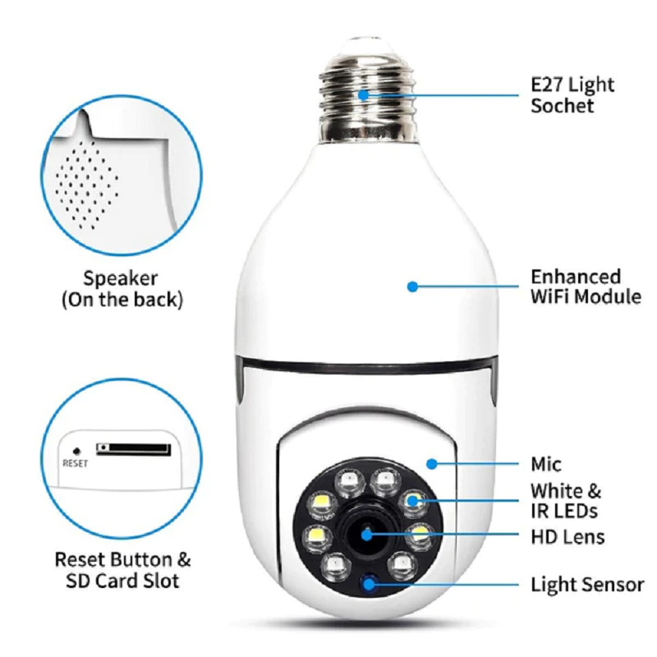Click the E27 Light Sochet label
[x=572, y=95]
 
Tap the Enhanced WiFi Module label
[x=586, y=287]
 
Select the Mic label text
[x=546, y=465]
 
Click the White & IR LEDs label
[x=566, y=502]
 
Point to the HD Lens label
[x=567, y=537]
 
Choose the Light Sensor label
[x=587, y=585]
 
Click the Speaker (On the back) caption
[x=122, y=289]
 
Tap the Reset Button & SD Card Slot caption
[x=122, y=571]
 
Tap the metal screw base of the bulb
[x=365, y=96]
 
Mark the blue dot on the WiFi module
[x=412, y=287]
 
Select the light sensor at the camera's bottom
[x=369, y=584]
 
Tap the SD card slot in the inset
[x=133, y=449]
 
